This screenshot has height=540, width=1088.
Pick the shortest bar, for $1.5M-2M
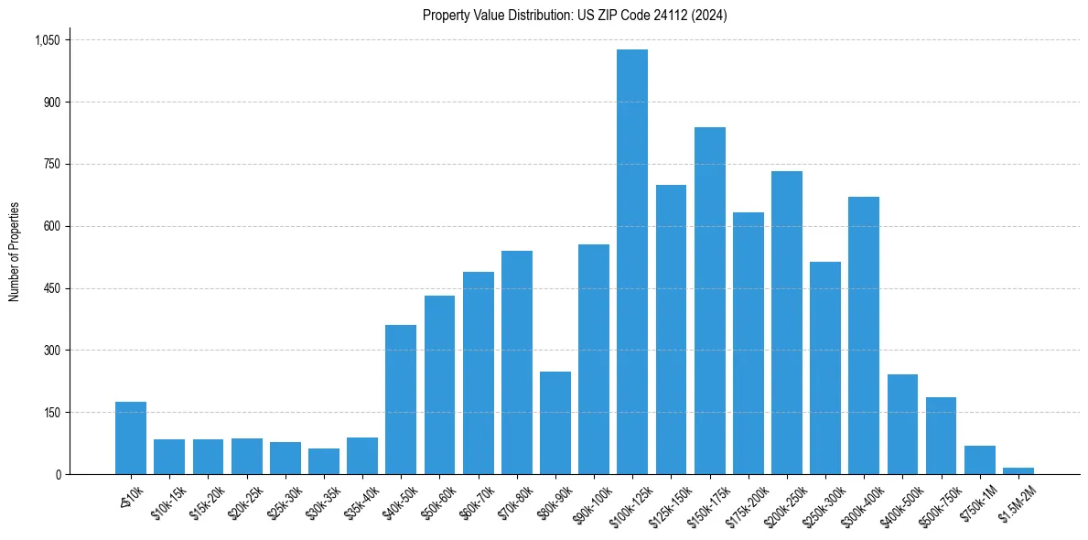(1018, 470)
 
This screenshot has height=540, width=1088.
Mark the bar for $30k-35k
(324, 461)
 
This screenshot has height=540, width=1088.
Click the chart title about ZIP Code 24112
(575, 16)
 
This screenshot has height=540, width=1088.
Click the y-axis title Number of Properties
(14, 251)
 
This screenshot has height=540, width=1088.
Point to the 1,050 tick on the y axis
(47, 40)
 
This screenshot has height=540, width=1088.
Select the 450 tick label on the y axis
(51, 288)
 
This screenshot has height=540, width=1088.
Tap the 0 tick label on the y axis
(58, 474)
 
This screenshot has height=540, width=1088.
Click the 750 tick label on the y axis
(51, 164)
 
